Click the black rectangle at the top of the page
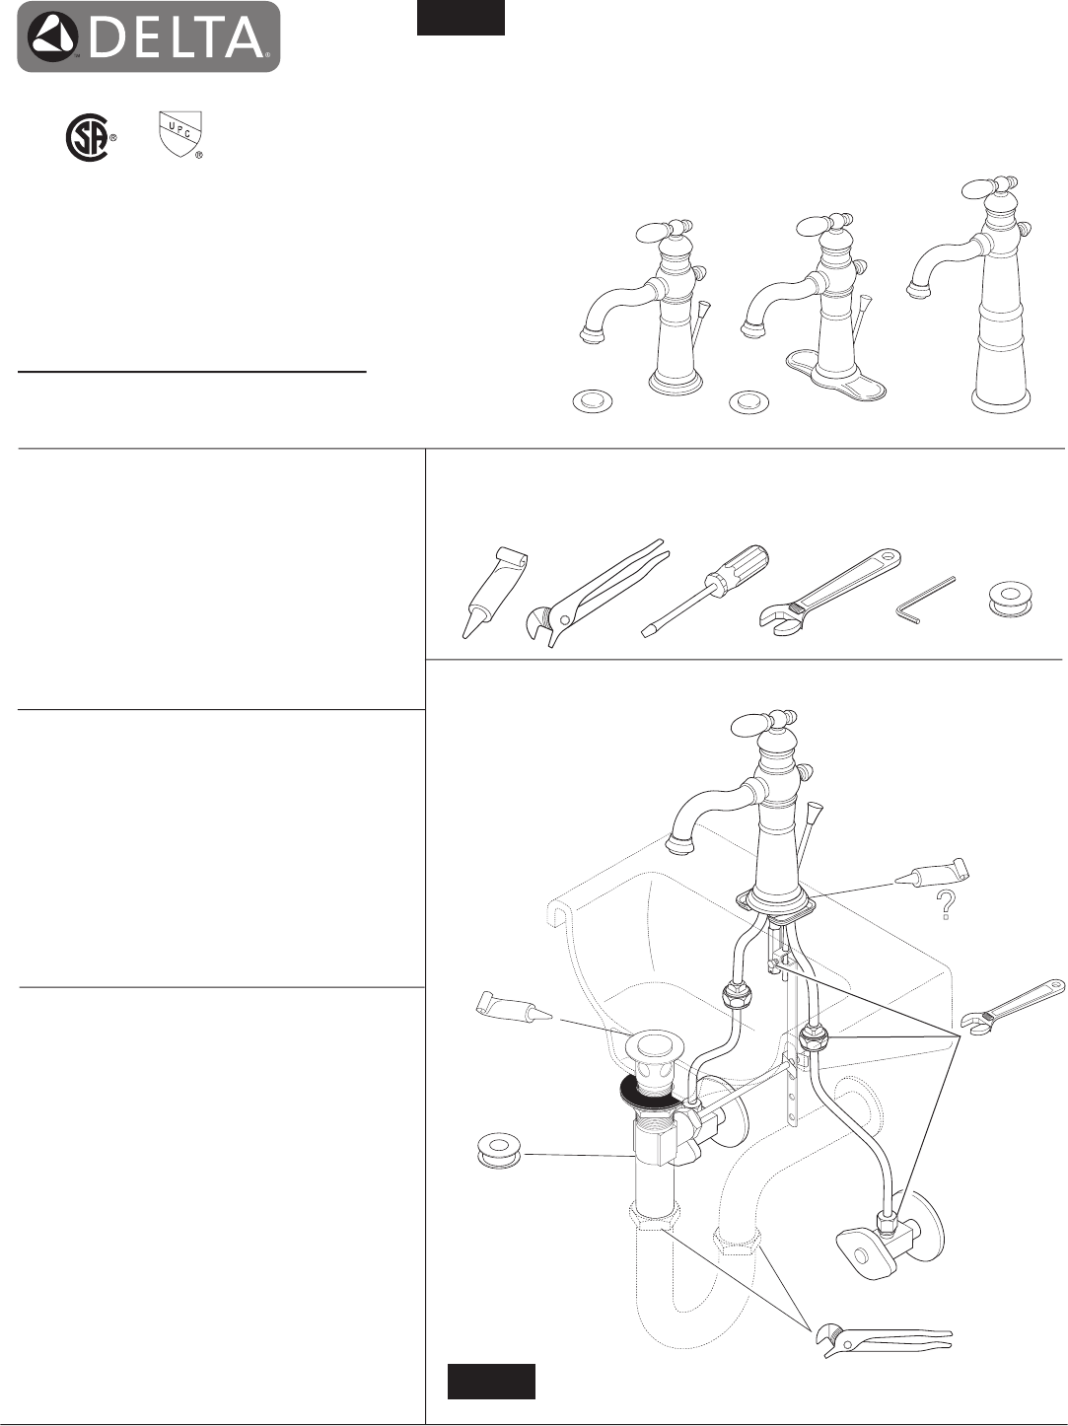point(461,17)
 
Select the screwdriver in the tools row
point(705,591)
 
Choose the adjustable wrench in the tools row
point(829,591)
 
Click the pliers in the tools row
point(596,591)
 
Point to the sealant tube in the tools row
point(493,593)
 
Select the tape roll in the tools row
point(1010,599)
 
